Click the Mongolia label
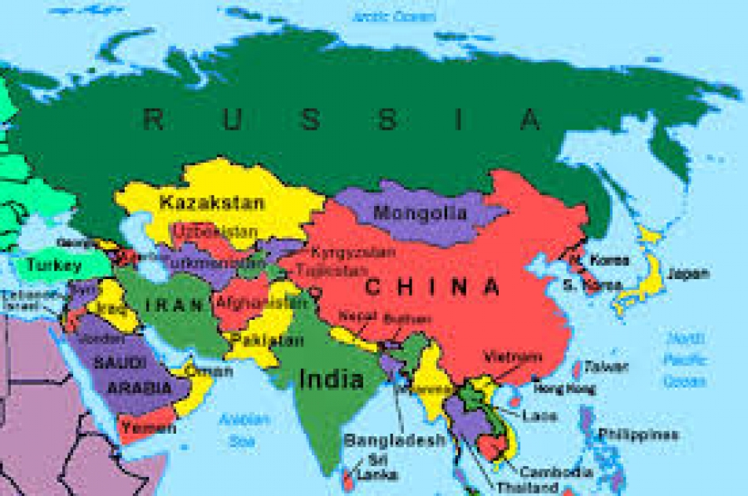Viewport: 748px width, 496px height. click(x=420, y=213)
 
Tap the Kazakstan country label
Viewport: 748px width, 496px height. click(x=212, y=202)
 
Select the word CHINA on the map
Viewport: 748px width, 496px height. click(x=432, y=287)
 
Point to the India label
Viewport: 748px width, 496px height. click(x=331, y=381)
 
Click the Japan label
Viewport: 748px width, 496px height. click(x=688, y=273)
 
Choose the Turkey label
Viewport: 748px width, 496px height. click(x=54, y=266)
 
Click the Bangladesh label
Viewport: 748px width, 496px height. click(x=395, y=440)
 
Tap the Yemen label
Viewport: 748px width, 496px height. click(x=148, y=429)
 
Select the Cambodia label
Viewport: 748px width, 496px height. click(x=563, y=472)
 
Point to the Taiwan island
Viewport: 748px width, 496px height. click(x=577, y=369)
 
